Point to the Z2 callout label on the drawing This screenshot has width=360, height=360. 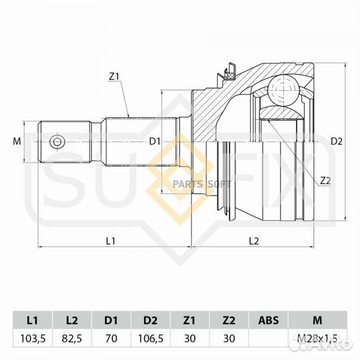[x=325, y=181]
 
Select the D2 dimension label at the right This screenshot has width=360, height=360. [x=337, y=141]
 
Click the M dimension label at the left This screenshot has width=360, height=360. [x=18, y=141]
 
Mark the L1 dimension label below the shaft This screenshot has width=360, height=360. [x=111, y=239]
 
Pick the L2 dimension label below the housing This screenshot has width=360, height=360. [x=254, y=239]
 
